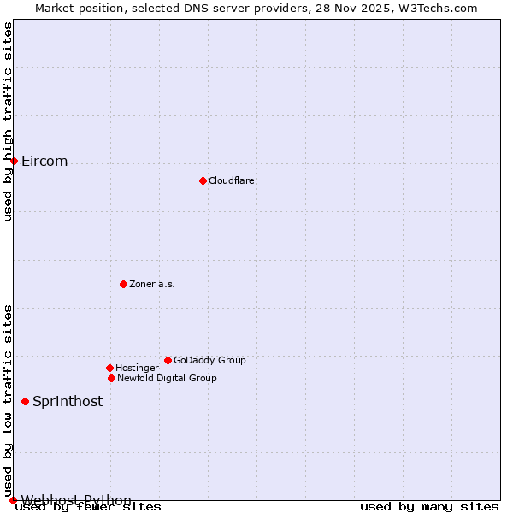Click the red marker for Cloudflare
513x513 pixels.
point(203,180)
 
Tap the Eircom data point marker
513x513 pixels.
point(14,161)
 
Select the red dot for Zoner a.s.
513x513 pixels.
point(123,284)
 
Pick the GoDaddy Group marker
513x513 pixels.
point(168,360)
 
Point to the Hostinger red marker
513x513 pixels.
point(109,368)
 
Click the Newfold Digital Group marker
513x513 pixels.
point(111,378)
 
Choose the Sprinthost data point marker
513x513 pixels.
point(25,401)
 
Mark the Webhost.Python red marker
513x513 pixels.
point(13,500)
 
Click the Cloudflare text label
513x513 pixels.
point(232,180)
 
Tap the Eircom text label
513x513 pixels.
point(44,162)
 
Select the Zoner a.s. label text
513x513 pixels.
point(152,284)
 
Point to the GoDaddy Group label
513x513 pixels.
point(209,360)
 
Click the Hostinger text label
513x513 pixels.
point(137,368)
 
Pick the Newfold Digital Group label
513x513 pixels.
point(167,378)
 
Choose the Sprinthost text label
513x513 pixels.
point(68,402)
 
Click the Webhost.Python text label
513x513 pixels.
point(76,500)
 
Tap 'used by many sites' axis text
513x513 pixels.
point(429,507)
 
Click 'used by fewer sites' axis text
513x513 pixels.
point(89,507)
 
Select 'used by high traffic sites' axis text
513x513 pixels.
point(8,121)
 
